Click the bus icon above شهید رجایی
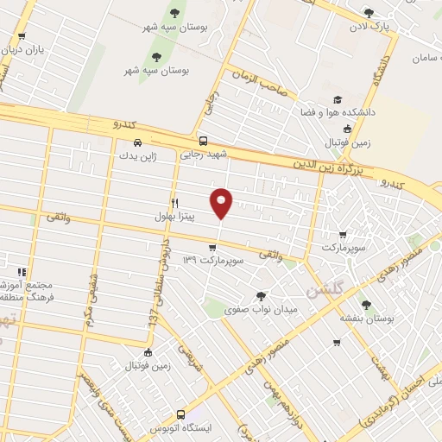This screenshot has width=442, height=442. [203, 141]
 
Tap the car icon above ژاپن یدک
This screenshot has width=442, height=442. [136, 143]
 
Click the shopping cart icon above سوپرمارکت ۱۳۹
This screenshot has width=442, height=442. [212, 246]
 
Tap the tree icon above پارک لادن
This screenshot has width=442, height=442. [369, 13]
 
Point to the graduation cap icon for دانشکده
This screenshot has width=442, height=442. [337, 99]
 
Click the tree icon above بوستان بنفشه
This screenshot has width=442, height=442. [366, 304]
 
